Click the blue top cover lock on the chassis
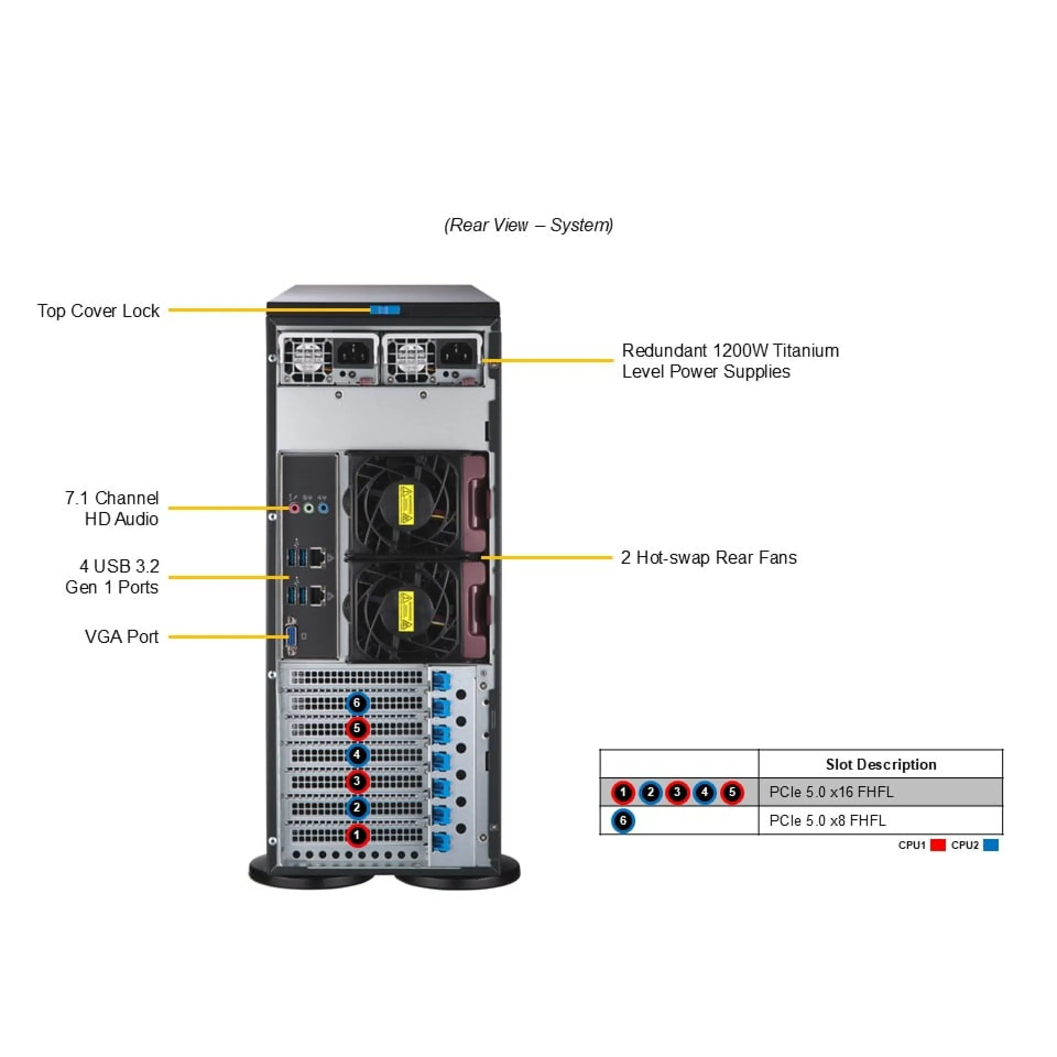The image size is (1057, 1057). [x=385, y=310]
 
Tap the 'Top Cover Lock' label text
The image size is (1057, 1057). [x=98, y=311]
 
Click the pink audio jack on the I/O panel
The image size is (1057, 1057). [x=295, y=508]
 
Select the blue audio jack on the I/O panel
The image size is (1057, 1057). [x=323, y=508]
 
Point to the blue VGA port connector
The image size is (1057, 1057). [x=292, y=637]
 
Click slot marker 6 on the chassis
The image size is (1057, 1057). [x=357, y=703]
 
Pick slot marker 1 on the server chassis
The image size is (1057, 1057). [x=357, y=835]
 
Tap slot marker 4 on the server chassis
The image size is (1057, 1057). [x=357, y=755]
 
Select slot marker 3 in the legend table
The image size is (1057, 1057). [x=677, y=792]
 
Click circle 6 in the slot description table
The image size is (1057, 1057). [x=623, y=821]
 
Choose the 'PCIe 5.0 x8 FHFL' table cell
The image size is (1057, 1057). [x=827, y=821]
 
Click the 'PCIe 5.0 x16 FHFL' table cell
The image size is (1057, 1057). [x=831, y=792]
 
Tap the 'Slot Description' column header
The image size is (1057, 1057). [x=880, y=764]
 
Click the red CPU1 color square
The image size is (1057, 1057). [x=938, y=845]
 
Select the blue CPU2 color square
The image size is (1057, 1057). [x=990, y=845]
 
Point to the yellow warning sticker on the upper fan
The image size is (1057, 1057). [x=406, y=504]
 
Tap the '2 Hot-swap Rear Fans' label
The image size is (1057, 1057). [x=709, y=558]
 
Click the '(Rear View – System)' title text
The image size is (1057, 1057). [x=528, y=225]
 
